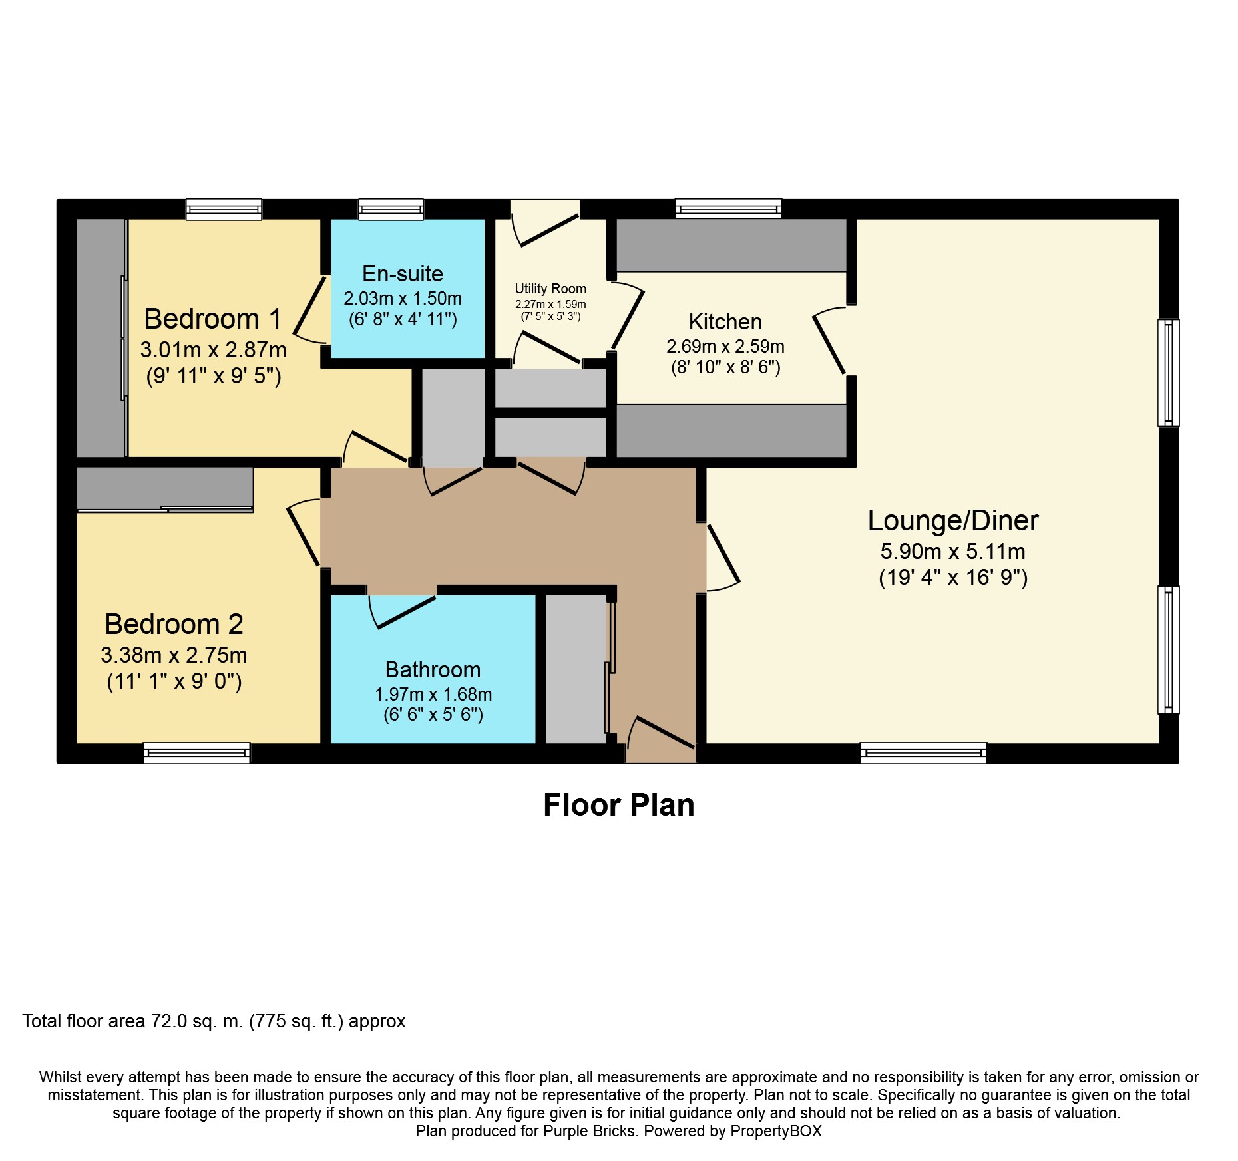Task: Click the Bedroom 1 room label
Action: pos(212,319)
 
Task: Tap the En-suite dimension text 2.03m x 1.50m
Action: pos(403,299)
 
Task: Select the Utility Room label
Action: pos(550,289)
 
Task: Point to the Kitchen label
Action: pos(725,322)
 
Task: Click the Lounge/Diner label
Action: pos(952,521)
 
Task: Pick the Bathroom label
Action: pos(433,669)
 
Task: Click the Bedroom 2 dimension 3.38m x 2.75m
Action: pos(174,655)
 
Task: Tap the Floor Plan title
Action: pos(618,805)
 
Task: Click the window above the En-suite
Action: pos(391,210)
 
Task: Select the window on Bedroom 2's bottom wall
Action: pos(196,753)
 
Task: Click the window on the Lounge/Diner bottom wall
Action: pos(923,753)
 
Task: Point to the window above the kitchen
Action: pos(728,210)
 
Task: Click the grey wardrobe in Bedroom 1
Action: pos(101,338)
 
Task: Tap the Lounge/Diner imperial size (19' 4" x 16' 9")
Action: pos(952,578)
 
